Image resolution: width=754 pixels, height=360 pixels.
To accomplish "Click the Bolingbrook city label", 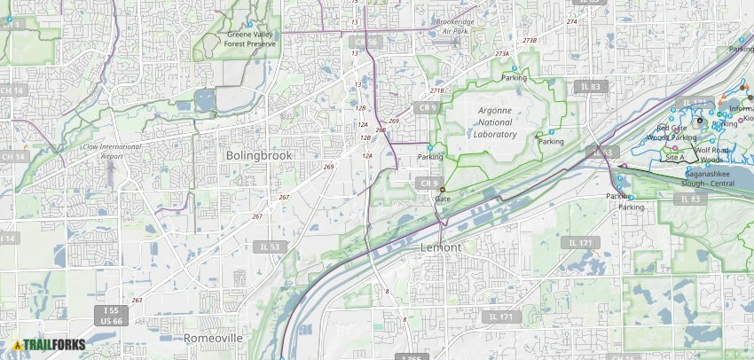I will click(258, 155).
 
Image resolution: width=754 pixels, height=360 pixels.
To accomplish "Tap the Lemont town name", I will click(441, 247).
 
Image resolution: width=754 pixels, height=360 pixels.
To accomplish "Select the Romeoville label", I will click(213, 339).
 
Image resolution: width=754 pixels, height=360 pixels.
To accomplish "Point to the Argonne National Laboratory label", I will click(494, 122).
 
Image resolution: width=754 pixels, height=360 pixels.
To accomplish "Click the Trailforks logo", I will click(43, 345).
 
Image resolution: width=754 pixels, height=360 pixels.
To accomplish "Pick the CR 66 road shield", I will click(365, 42).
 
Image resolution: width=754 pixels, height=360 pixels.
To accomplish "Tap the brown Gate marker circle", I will click(443, 190).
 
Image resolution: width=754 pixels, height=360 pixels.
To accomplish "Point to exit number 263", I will click(137, 300).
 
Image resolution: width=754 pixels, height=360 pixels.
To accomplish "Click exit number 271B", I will click(436, 90).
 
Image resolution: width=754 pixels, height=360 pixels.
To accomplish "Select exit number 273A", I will click(502, 54).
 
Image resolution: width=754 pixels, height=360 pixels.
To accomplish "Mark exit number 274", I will click(571, 20).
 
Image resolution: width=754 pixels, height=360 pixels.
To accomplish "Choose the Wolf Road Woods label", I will click(714, 154).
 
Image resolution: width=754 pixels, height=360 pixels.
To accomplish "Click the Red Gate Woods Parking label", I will click(672, 133).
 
